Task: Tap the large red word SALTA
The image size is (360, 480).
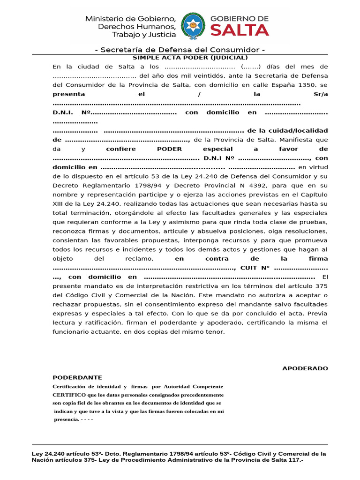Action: point(239,30)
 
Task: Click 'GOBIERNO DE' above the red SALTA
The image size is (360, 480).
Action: point(240,18)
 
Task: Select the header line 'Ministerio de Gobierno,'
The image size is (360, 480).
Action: point(130,19)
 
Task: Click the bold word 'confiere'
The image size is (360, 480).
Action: point(121,149)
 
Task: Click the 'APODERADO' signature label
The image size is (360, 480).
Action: point(305,368)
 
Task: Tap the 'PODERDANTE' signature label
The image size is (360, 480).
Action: point(77,377)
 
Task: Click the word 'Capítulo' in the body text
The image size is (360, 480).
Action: point(314,195)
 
